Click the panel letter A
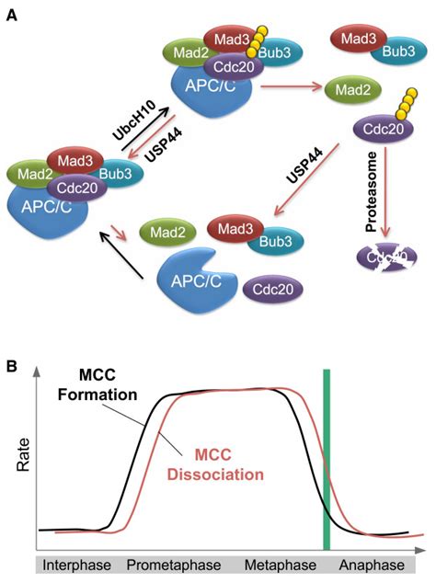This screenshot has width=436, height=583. (x=13, y=16)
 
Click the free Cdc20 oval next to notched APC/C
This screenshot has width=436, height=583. (x=271, y=292)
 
